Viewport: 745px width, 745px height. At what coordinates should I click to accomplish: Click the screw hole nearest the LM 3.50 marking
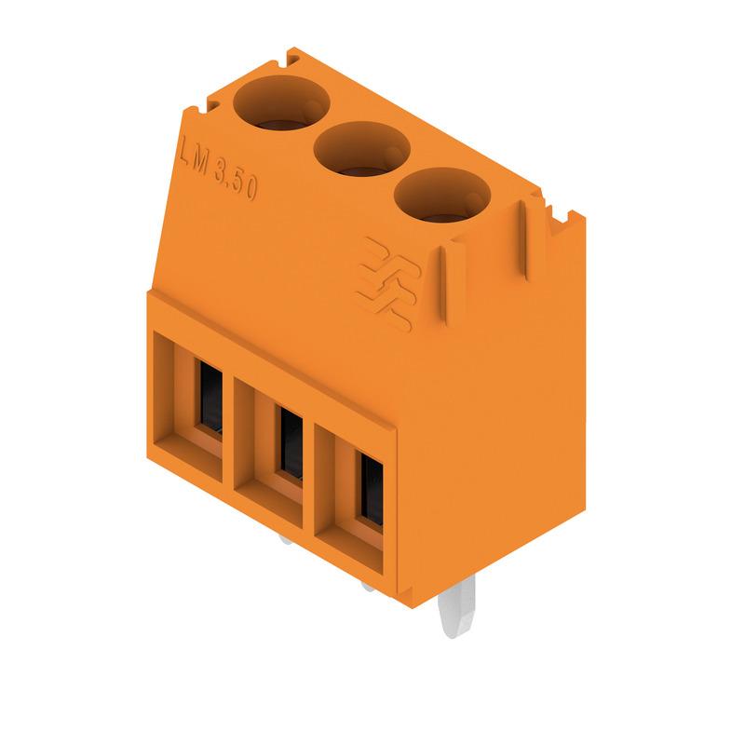[x=281, y=102]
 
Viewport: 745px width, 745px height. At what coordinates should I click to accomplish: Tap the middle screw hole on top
[x=362, y=147]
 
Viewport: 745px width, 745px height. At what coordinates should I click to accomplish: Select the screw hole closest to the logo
[x=442, y=194]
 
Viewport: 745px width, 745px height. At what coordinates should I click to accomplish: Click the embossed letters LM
[x=194, y=158]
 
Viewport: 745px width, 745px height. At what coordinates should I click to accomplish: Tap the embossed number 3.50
[x=236, y=182]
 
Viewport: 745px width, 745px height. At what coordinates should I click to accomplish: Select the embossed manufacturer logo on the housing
[x=388, y=284]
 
